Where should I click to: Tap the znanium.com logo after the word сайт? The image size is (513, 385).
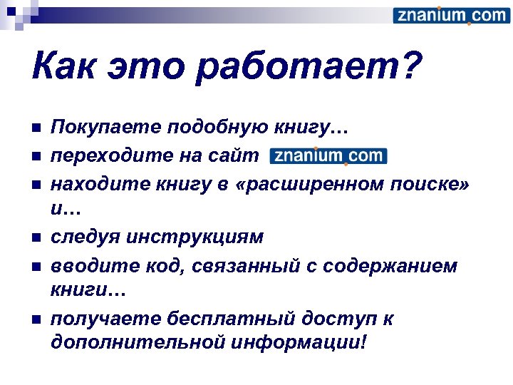[328, 156]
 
